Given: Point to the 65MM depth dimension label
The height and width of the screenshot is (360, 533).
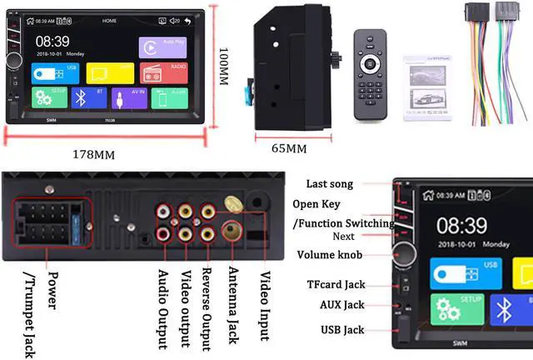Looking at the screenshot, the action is pyautogui.click(x=289, y=148).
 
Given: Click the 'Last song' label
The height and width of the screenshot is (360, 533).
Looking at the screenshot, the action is pyautogui.click(x=329, y=183).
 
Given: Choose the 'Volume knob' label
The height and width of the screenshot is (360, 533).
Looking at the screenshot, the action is pyautogui.click(x=327, y=255).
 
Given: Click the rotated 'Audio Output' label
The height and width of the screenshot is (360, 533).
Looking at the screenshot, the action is pyautogui.click(x=162, y=308).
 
